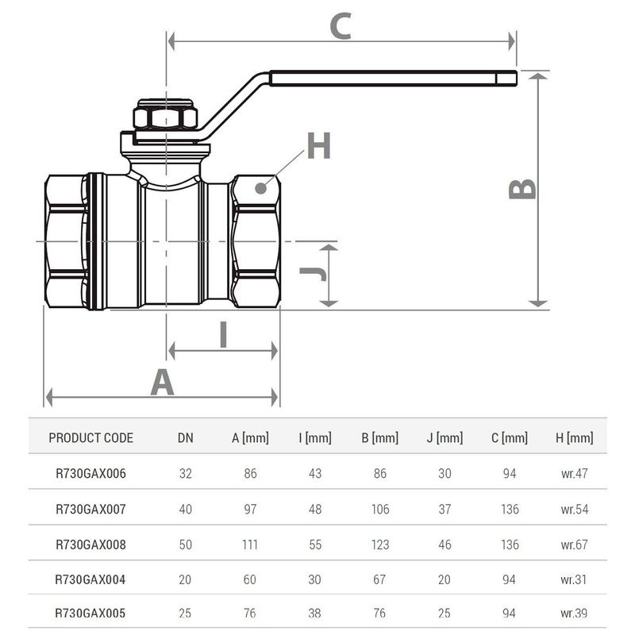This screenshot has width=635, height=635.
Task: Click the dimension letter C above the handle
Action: [x=341, y=27]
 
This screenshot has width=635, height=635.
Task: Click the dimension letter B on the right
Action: [x=522, y=189]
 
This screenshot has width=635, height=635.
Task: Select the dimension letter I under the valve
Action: [x=223, y=335]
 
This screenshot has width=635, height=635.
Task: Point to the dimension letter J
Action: [x=313, y=274]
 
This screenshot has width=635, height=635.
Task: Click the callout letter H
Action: [x=318, y=146]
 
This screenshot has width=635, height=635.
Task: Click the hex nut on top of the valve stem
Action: [x=165, y=117]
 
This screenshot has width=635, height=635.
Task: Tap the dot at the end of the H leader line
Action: [x=260, y=188]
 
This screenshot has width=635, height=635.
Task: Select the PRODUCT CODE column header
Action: [x=90, y=438]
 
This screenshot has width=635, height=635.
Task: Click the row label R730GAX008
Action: [x=90, y=545]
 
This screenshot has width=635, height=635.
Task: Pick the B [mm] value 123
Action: [x=380, y=545]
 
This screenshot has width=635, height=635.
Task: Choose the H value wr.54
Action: [x=575, y=509]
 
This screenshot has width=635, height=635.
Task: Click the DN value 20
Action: [x=185, y=579]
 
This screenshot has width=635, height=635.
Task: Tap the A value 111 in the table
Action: [x=250, y=545]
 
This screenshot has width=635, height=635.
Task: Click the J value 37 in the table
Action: [x=444, y=509]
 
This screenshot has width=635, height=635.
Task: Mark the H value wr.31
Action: [x=575, y=579]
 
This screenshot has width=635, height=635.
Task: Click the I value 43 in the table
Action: [x=315, y=474]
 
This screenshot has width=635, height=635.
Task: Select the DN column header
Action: [x=185, y=438]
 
